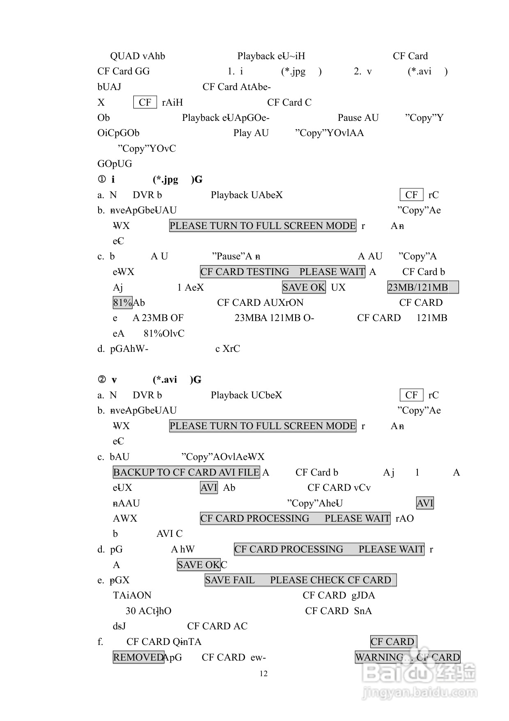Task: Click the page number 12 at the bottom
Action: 264,674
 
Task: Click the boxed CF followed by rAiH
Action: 145,102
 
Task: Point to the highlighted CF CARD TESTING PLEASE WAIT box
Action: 282,272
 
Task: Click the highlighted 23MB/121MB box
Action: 423,287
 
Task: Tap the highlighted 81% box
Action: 122,303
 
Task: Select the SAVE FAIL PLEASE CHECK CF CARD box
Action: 300,580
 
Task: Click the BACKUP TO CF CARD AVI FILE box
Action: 186,472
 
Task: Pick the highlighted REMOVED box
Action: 138,657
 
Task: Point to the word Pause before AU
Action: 349,118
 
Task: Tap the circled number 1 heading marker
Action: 102,180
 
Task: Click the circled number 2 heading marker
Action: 102,380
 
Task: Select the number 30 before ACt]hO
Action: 131,611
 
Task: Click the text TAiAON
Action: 132,596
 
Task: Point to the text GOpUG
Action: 115,164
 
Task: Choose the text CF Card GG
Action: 124,72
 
